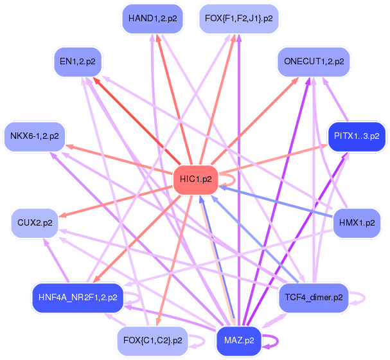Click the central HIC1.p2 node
tap(196, 179)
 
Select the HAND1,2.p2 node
tap(153, 19)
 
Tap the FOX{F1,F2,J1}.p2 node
tap(239, 19)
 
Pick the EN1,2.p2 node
tap(78, 62)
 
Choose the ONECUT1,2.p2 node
tap(314, 62)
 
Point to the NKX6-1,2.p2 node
tap(35, 136)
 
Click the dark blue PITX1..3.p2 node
tap(357, 136)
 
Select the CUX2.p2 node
tap(35, 223)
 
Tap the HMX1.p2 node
tap(357, 223)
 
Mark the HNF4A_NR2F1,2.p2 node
tap(78, 298)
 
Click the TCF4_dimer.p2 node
tap(314, 298)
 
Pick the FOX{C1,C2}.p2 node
tap(153, 341)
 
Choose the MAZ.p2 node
tap(239, 341)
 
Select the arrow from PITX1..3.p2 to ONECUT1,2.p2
tap(335, 99)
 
